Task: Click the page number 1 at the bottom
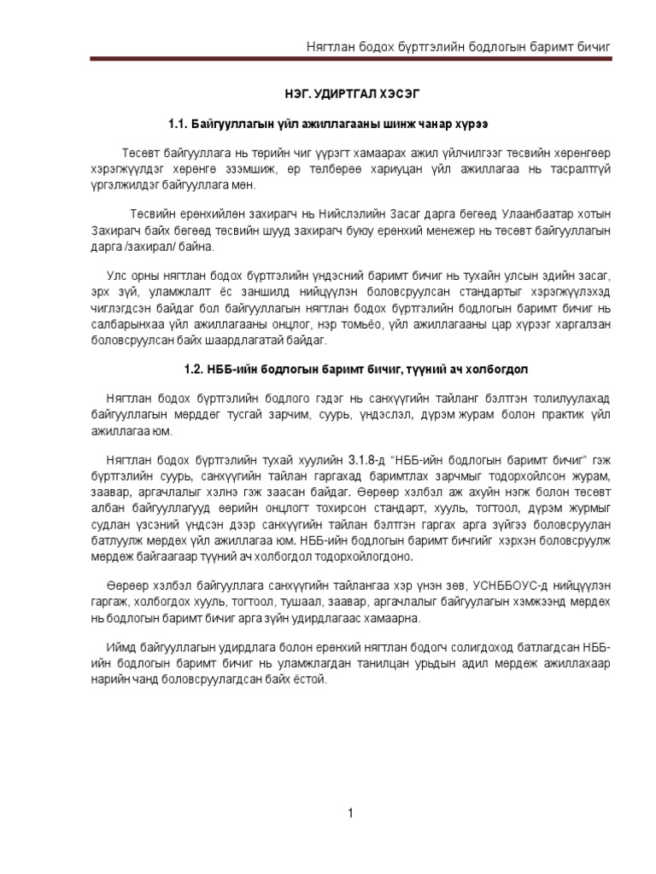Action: (350, 813)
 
